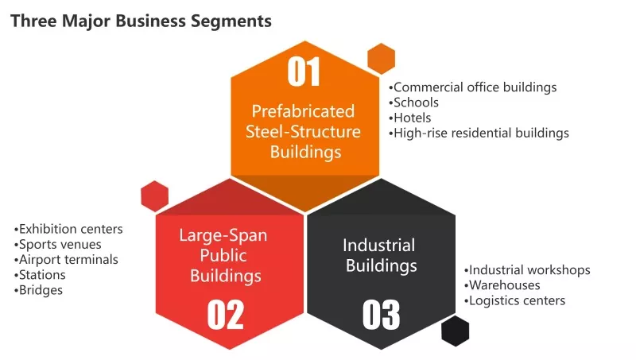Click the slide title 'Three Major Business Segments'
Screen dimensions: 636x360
[141, 21]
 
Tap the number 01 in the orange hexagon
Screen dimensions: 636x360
[304, 72]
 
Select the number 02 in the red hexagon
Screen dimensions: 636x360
[226, 315]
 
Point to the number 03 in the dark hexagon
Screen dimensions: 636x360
[381, 315]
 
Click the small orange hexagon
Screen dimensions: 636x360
[382, 59]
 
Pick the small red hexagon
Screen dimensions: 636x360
[154, 196]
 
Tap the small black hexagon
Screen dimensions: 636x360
[455, 331]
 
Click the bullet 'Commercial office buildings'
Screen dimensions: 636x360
[472, 87]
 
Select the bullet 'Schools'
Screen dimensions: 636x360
[413, 103]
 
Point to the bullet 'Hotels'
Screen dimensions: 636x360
[409, 118]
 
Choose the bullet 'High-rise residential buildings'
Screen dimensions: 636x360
[479, 134]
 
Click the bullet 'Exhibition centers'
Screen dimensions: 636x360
[68, 230]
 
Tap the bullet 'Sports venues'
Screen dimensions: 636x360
[57, 245]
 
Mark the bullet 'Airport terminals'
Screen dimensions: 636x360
[66, 260]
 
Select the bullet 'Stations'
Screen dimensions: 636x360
[39, 275]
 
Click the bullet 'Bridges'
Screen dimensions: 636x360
[38, 291]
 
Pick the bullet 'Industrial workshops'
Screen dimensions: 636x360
[527, 270]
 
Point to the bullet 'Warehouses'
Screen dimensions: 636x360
[502, 286]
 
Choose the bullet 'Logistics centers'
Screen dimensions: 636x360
[514, 301]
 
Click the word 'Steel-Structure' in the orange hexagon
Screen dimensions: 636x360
[303, 132]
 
